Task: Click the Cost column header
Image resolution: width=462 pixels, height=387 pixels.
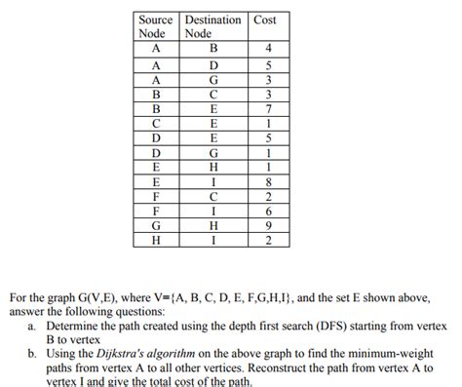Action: (264, 19)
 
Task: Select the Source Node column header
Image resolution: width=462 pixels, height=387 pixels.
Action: (156, 26)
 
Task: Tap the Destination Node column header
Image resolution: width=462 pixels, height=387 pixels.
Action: (214, 26)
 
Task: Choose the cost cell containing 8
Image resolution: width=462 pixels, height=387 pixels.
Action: (264, 180)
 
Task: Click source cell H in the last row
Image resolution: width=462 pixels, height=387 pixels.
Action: (156, 240)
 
